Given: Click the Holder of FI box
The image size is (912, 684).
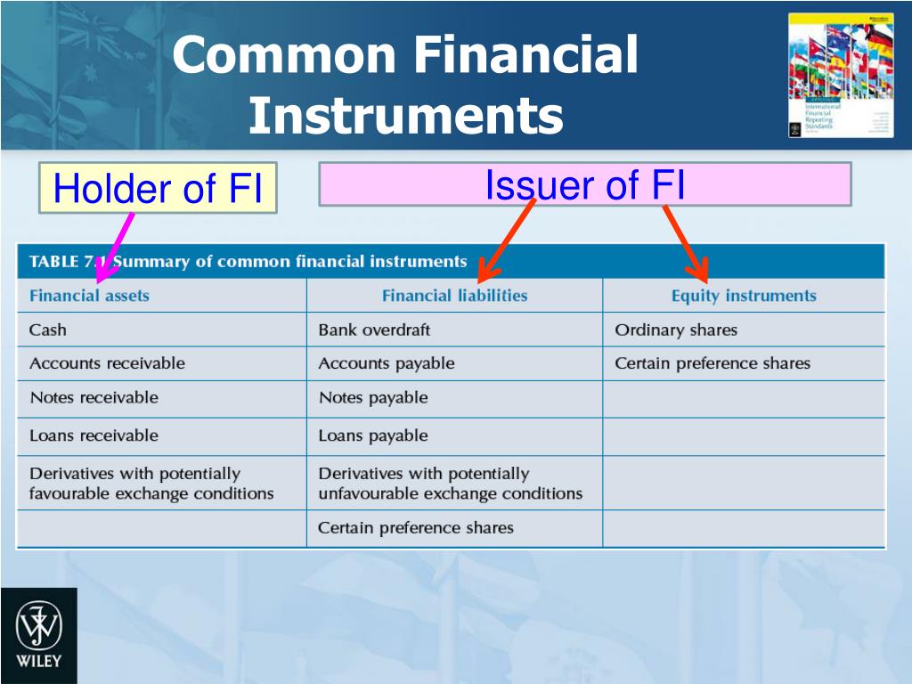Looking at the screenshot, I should point(158,188).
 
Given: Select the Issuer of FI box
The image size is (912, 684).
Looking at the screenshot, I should point(585,184).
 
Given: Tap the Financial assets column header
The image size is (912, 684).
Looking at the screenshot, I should point(89,296).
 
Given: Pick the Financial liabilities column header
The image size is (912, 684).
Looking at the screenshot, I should point(454,296).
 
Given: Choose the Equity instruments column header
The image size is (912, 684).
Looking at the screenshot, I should point(744,296).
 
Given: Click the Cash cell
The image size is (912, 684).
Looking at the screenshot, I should point(48,330).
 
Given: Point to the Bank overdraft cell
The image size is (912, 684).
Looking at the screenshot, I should point(374,330).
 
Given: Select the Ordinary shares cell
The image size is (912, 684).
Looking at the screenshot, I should point(676,330).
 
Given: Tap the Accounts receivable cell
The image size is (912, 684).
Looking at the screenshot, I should point(107,363).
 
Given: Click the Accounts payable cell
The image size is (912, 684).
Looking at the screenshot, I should point(387,363).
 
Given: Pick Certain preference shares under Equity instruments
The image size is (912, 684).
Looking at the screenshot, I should point(712,363).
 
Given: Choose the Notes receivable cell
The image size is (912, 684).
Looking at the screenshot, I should point(94,398).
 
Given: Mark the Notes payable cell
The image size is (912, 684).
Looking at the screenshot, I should point(373,398).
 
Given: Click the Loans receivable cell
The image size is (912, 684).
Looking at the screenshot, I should point(94,436).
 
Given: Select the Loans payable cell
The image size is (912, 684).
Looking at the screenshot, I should point(373,436).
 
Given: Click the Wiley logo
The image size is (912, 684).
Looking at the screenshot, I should point(38,635).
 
